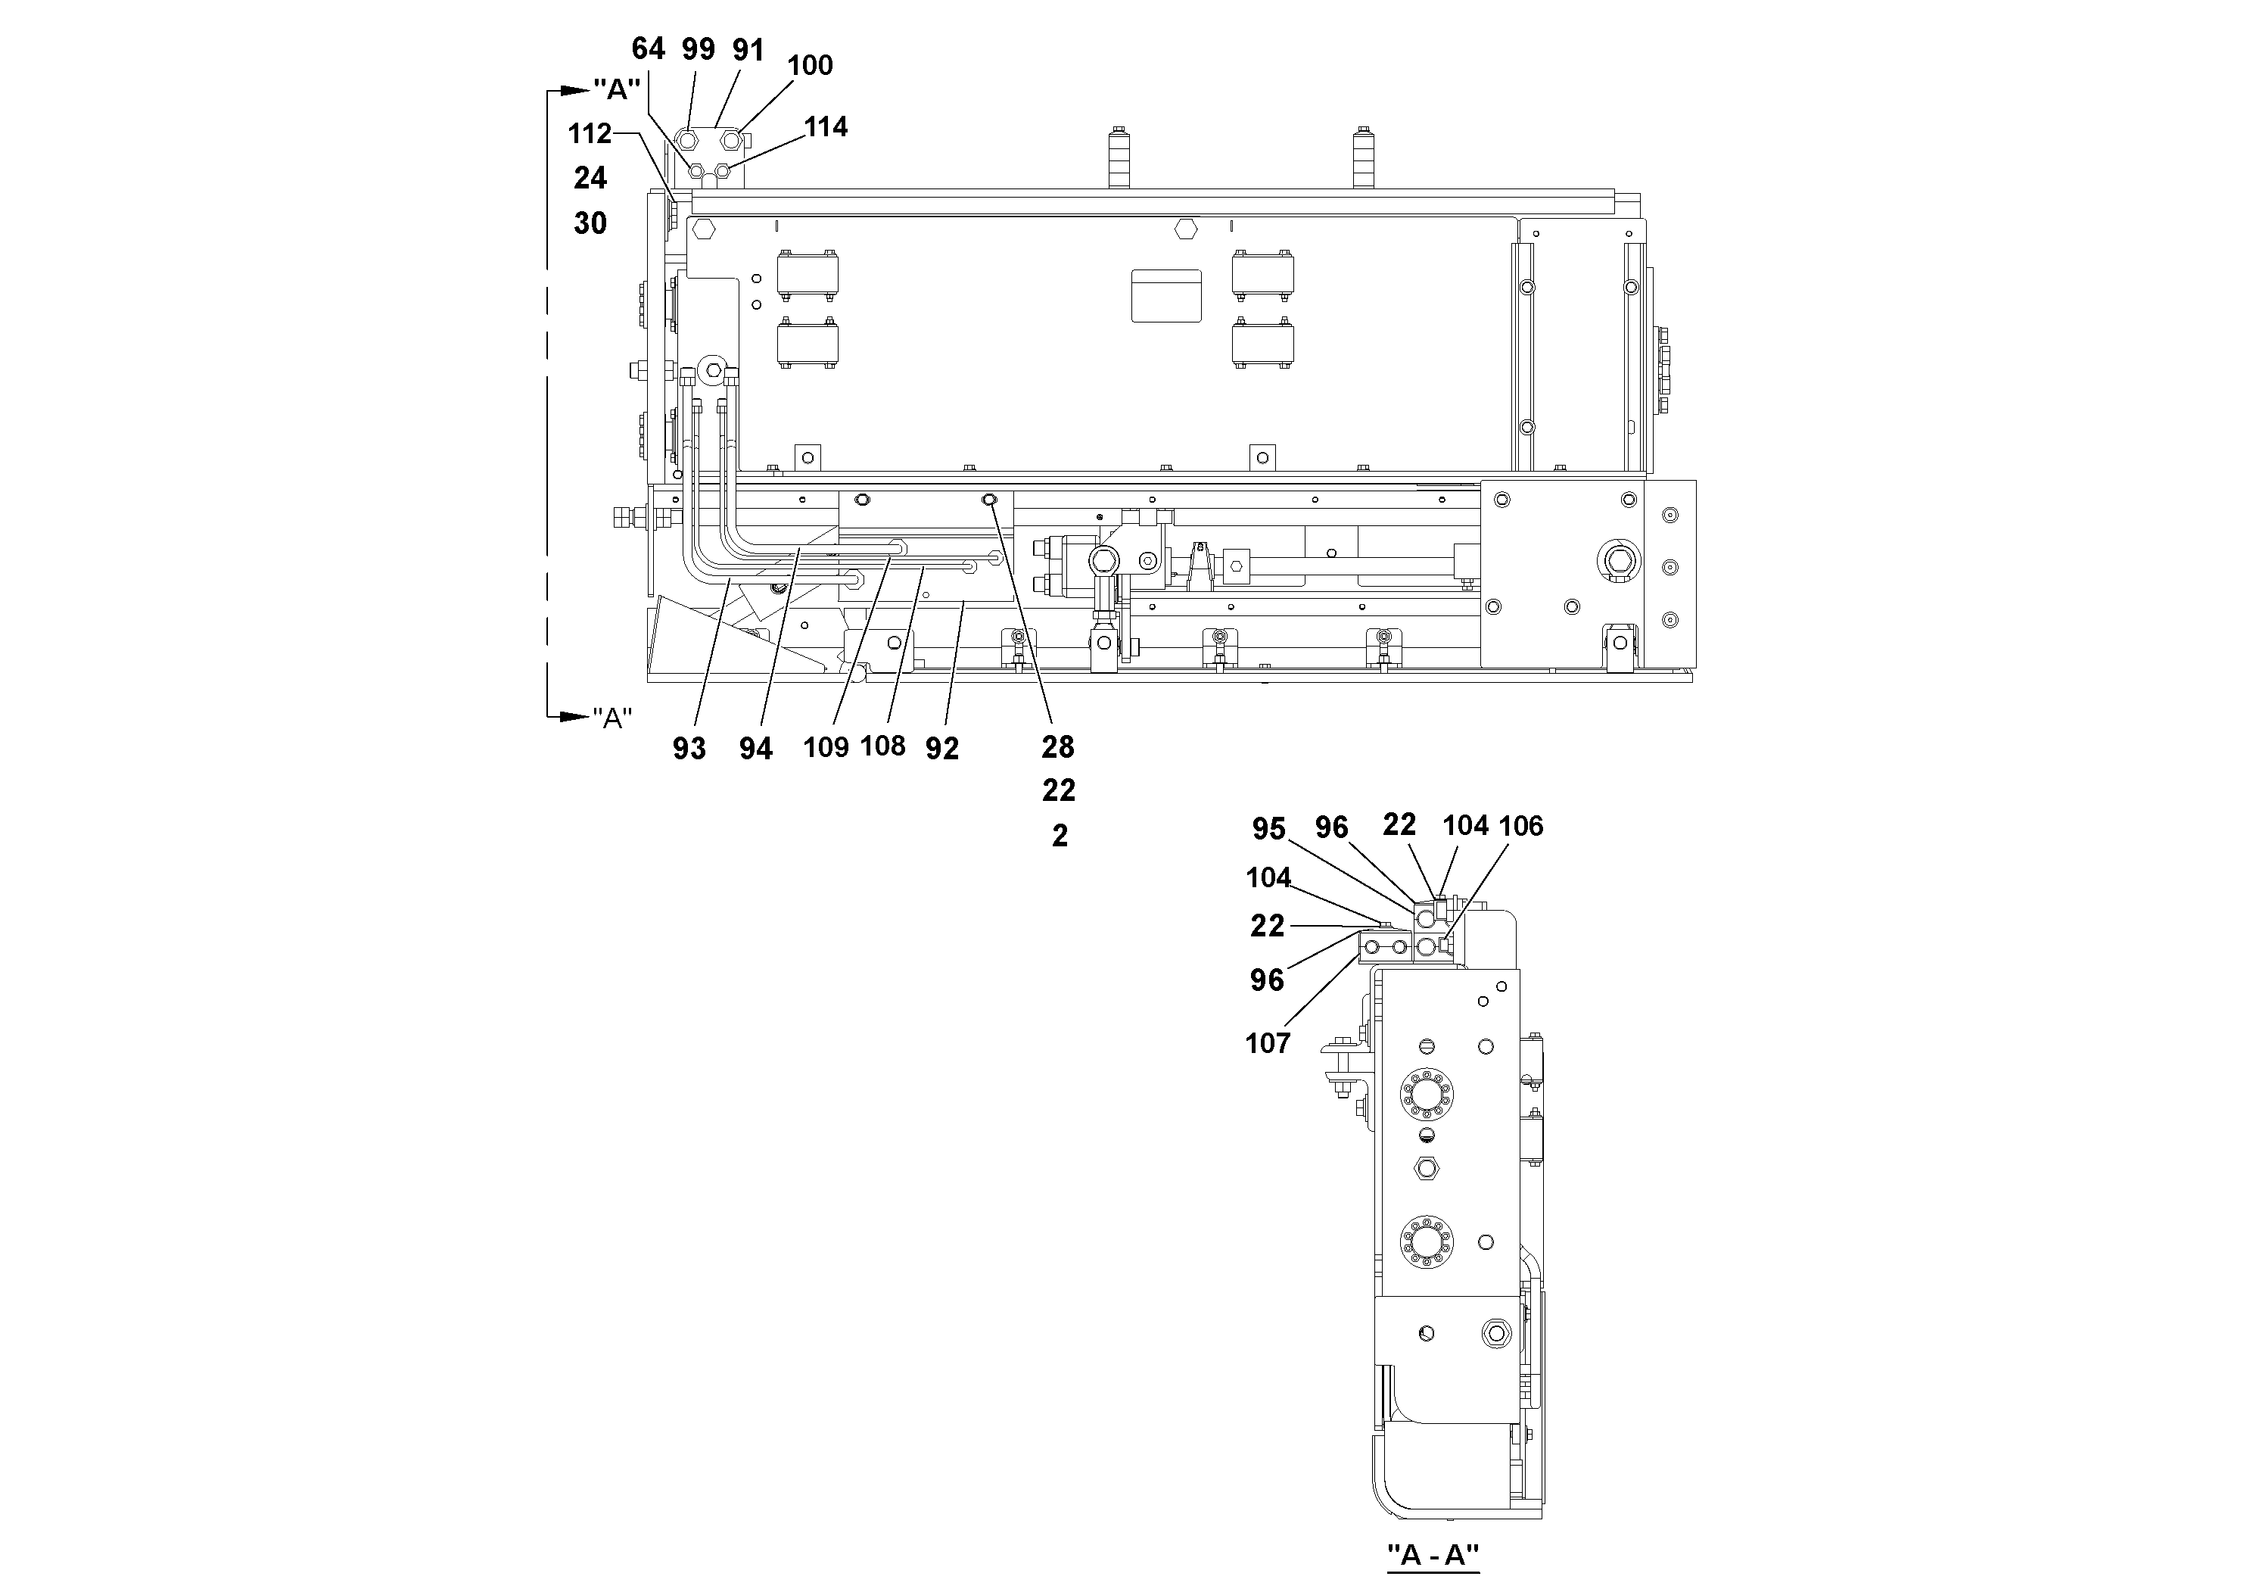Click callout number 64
648,48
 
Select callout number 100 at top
810,66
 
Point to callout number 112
590,132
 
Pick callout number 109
825,748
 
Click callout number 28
1058,747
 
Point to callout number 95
1268,830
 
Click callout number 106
1521,827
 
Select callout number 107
1267,1043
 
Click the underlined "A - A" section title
1432,1555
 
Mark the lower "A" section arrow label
611,718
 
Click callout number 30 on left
590,223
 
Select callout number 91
748,50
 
